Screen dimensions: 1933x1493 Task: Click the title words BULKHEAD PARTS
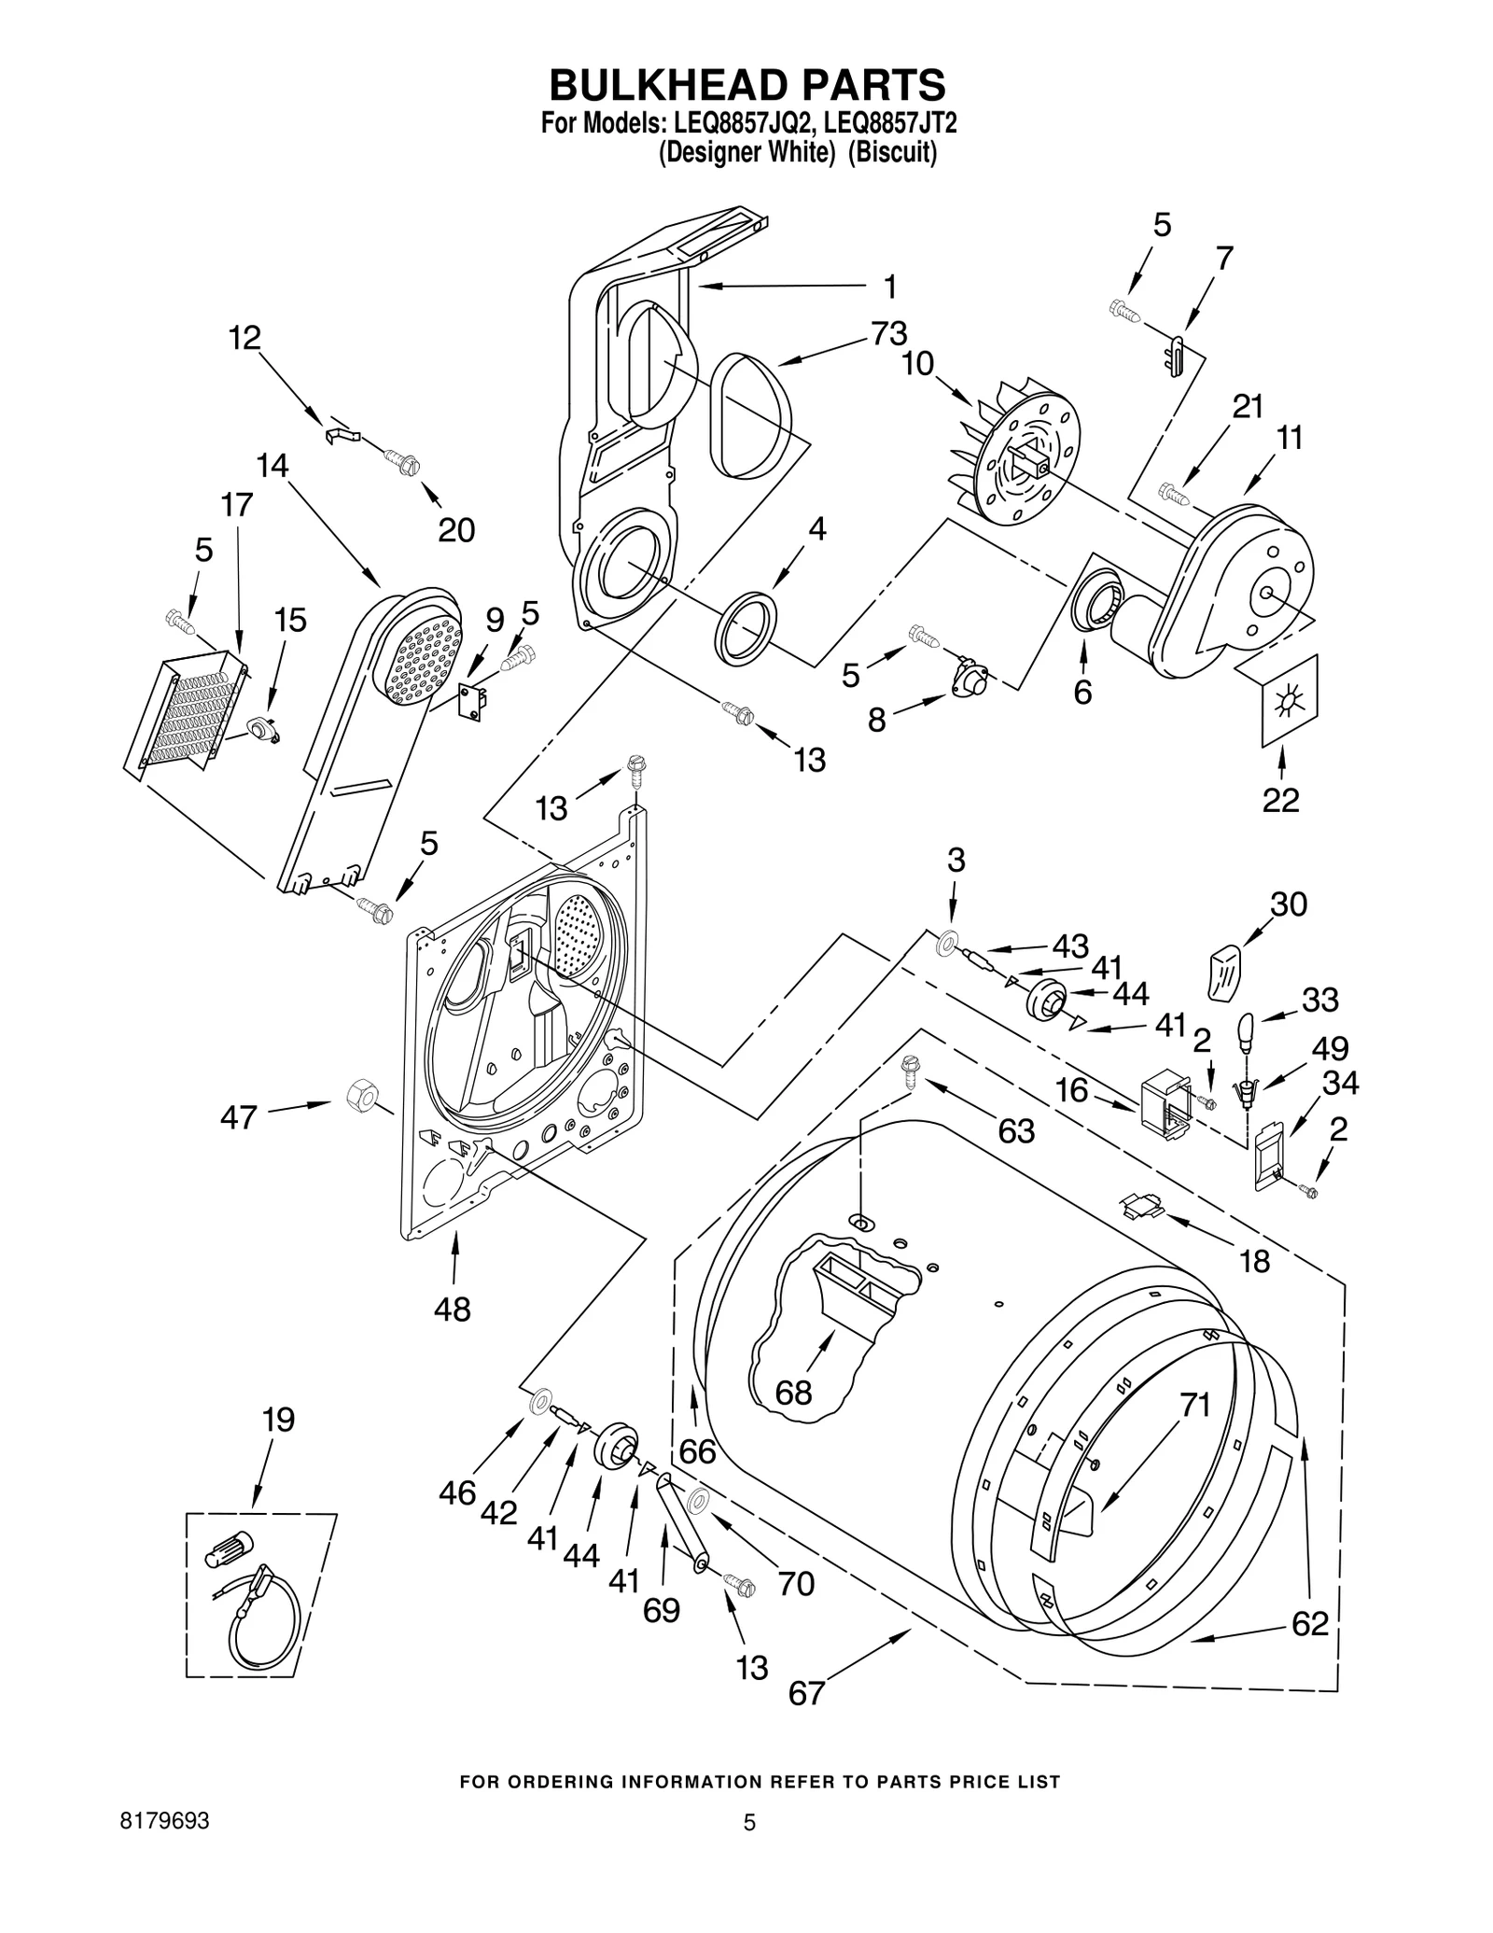point(746,85)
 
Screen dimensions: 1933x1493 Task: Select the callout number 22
point(1280,800)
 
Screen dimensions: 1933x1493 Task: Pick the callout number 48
point(453,1310)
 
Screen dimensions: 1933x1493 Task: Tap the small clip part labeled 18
point(1142,1207)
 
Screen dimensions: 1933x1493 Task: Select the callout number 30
point(1288,903)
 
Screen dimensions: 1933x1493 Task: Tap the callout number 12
point(244,338)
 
